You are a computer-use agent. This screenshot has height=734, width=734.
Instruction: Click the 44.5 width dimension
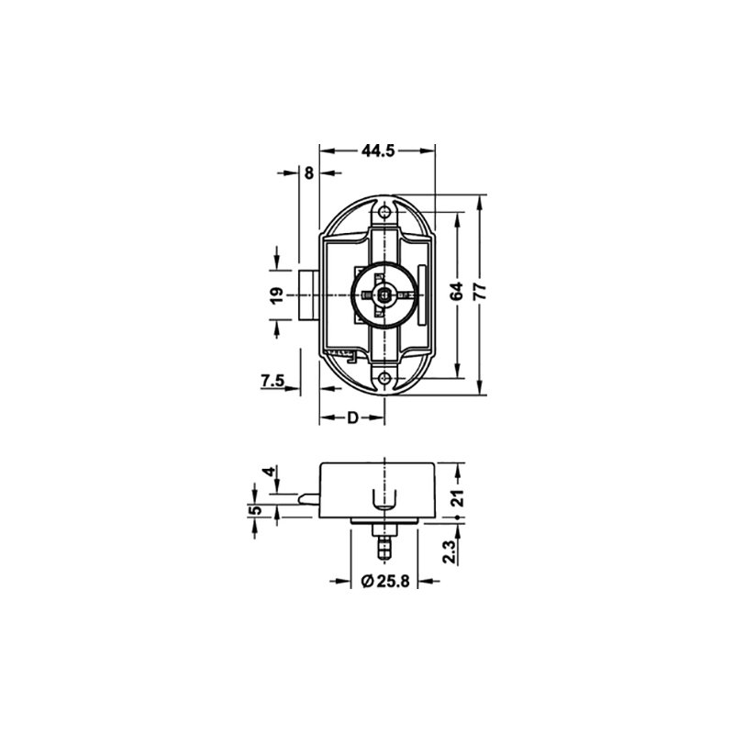click(378, 150)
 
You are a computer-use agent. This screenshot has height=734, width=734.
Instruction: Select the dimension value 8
click(309, 173)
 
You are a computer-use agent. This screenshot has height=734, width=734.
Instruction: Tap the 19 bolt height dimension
click(277, 295)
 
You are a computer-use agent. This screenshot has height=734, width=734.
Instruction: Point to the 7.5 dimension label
click(272, 381)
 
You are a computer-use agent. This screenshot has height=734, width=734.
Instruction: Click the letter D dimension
click(352, 417)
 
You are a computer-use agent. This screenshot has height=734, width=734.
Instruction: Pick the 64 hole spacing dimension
click(457, 291)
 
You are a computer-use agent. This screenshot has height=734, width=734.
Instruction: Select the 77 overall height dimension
click(480, 291)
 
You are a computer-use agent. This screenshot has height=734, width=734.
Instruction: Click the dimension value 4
click(270, 472)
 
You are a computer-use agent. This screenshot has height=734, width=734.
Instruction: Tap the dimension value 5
click(256, 510)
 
